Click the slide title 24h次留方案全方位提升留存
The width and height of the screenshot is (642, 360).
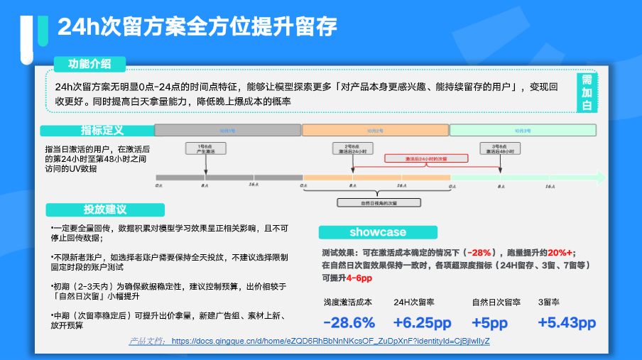197,26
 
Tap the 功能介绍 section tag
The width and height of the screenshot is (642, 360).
89,64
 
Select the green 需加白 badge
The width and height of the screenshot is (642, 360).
587,92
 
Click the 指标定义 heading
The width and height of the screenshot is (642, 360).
102,131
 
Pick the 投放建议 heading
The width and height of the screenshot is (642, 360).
105,209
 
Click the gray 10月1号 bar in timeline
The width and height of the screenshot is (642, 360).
227,131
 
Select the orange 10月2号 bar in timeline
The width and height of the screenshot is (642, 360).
375,131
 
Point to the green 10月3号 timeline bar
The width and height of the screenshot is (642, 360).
522,131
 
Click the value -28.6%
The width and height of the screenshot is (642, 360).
349,322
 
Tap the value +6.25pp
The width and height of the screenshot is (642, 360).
423,322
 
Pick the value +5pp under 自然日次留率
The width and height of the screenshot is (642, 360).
490,322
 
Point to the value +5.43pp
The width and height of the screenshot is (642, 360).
566,322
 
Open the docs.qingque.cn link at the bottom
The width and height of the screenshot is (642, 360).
330,341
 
